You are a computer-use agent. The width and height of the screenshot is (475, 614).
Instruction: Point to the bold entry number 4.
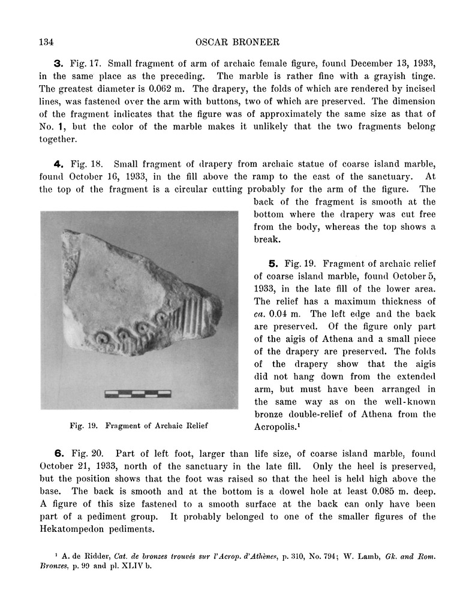click(58, 163)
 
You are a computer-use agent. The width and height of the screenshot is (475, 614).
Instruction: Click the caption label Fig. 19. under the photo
click(83, 427)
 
